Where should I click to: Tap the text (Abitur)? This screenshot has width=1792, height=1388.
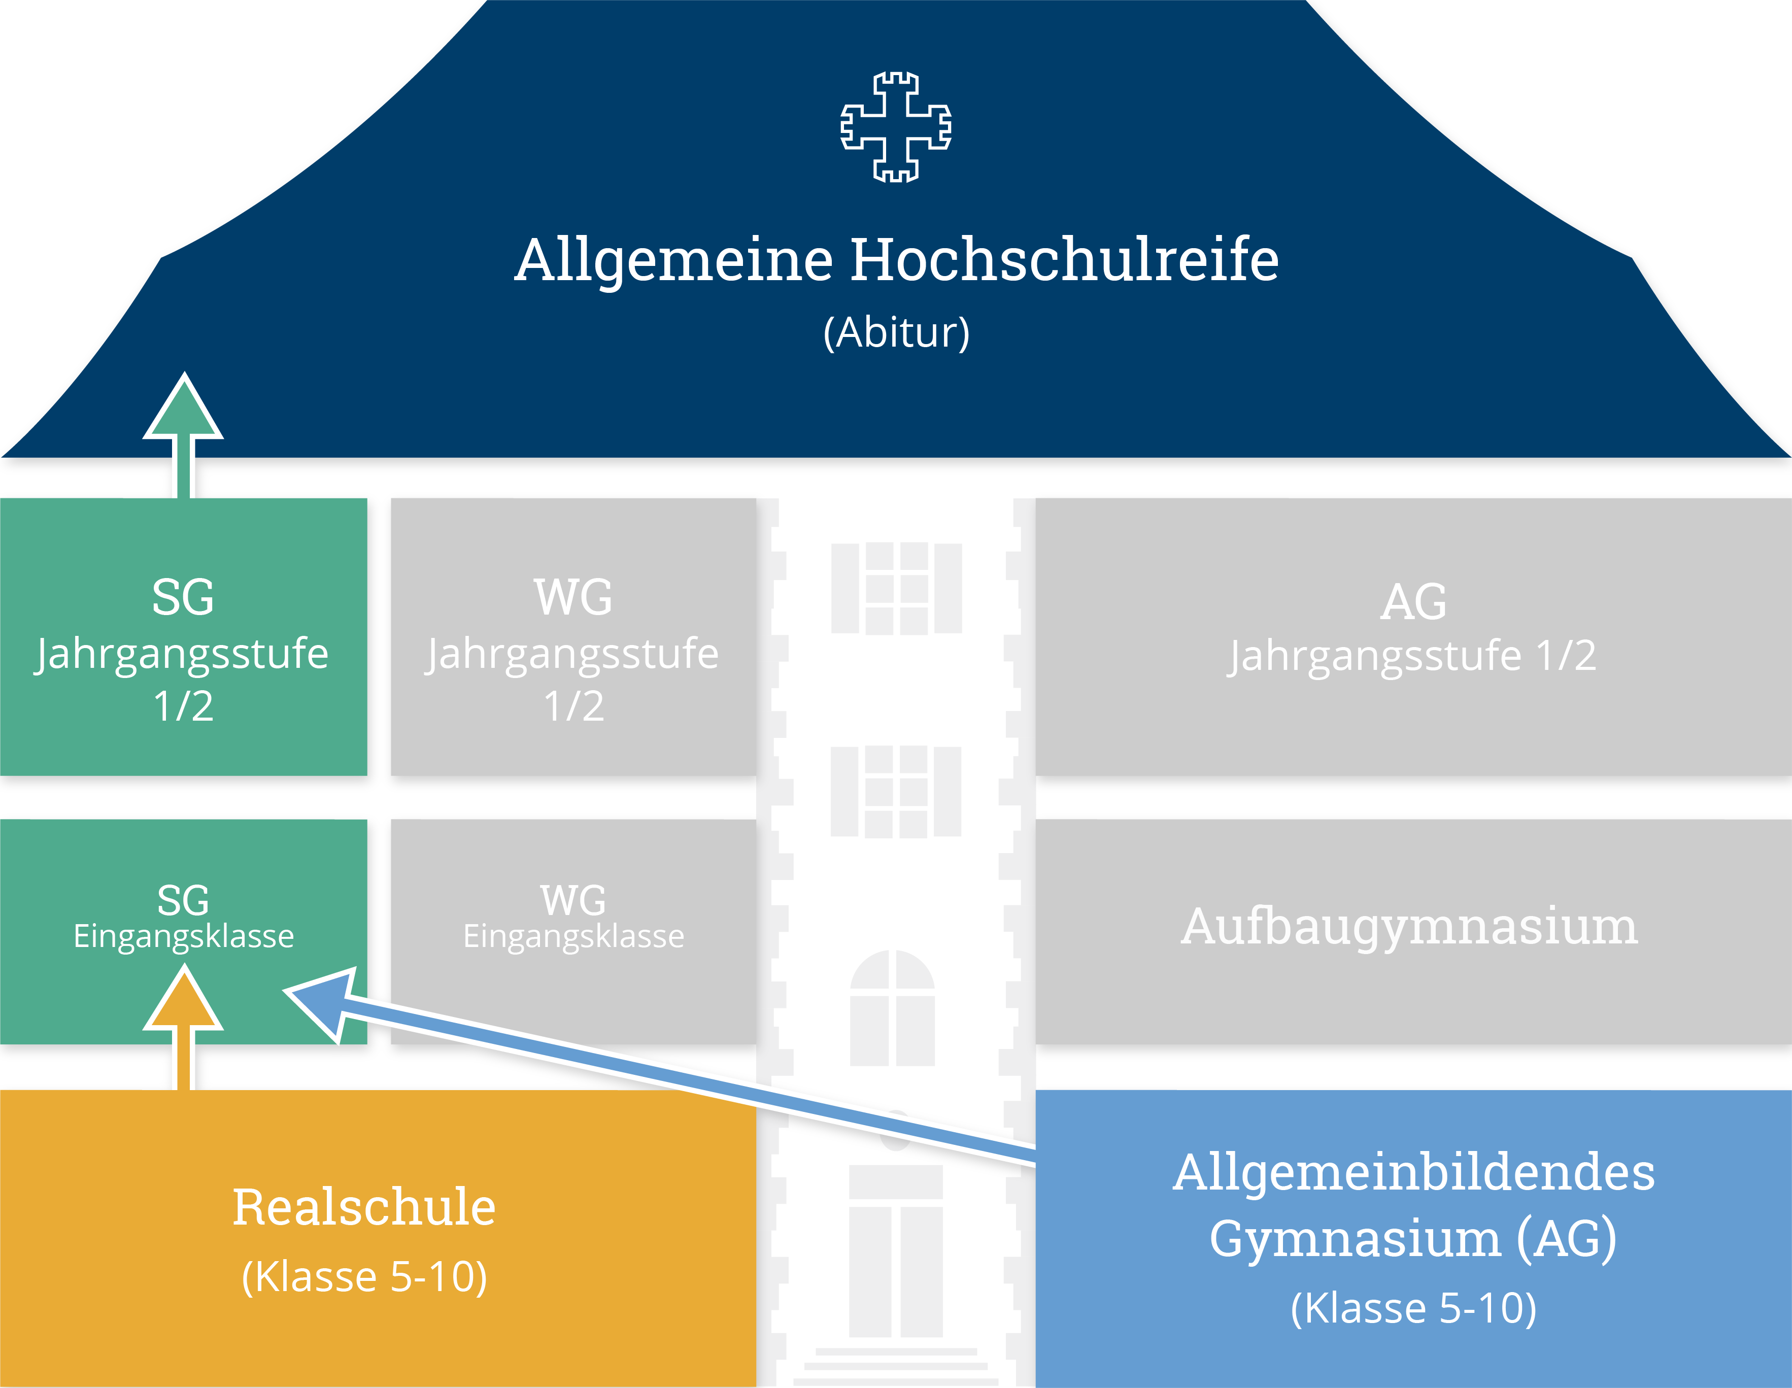896,333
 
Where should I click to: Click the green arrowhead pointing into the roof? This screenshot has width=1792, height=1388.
184,410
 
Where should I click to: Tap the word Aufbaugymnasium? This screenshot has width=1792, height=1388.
1409,927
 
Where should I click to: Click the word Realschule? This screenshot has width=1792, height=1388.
364,1207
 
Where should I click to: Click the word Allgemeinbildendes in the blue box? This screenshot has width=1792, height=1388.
1413,1172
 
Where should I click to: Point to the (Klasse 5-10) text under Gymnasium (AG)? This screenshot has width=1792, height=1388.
1413,1308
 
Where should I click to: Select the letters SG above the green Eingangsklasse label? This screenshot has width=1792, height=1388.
183,901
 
